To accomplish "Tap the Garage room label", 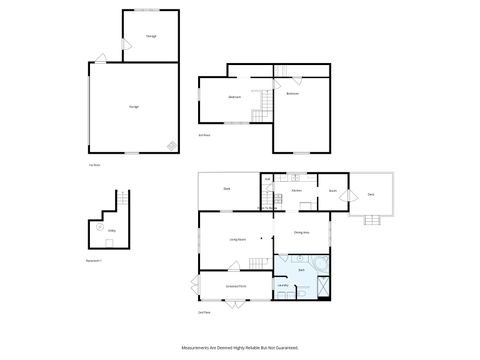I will click(133, 106).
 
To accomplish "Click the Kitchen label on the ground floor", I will click(297, 190).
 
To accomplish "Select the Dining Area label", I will click(301, 233).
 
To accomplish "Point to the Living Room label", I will click(237, 240).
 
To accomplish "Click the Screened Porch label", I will click(236, 286).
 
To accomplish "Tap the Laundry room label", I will click(283, 286).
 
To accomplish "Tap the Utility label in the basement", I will click(112, 230).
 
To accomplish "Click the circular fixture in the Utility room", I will click(100, 226).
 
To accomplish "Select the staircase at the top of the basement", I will click(123, 199).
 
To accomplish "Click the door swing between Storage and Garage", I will click(125, 45).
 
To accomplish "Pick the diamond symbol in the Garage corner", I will click(172, 146).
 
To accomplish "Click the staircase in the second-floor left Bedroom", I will click(265, 105).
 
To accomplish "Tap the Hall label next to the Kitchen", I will click(268, 181).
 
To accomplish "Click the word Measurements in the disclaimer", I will click(197, 348).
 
